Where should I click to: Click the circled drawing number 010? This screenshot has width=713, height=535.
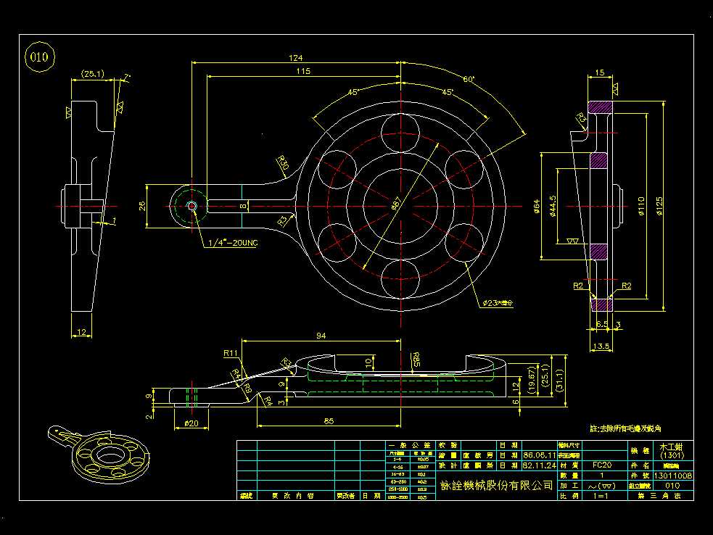[x=40, y=57]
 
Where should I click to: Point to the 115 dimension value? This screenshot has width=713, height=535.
[x=303, y=71]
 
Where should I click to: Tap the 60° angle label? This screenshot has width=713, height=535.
[x=469, y=79]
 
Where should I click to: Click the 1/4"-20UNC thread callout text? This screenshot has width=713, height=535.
[x=234, y=242]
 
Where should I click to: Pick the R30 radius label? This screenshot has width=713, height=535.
[x=283, y=164]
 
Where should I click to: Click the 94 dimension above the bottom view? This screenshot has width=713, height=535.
[x=321, y=336]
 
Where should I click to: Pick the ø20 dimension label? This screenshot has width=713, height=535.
[x=191, y=423]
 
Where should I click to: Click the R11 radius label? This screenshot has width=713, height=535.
[x=231, y=353]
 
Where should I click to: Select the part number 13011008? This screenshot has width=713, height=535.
[x=674, y=476]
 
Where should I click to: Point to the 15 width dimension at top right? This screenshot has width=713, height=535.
[x=599, y=72]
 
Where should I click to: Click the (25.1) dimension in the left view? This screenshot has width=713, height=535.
[x=92, y=73]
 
